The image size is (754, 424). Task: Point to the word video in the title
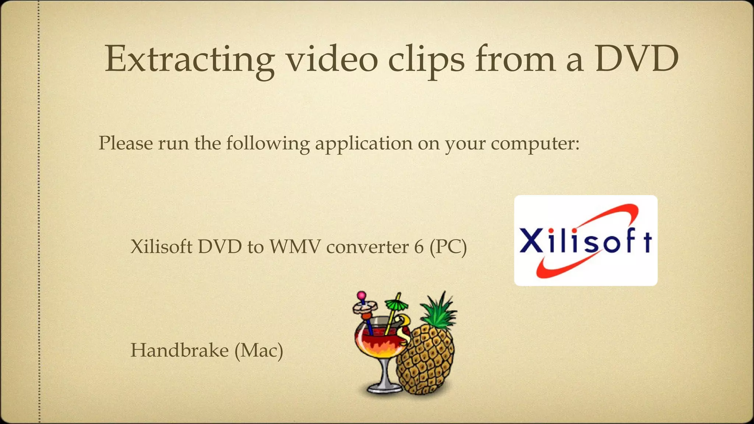[332, 60]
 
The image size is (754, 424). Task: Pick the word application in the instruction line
[363, 144]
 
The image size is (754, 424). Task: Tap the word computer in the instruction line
[535, 144]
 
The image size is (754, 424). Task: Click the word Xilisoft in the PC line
[162, 247]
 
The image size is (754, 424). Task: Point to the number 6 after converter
[419, 247]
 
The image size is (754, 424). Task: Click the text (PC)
[448, 247]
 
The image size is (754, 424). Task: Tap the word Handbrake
[180, 350]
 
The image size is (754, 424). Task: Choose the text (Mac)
[259, 350]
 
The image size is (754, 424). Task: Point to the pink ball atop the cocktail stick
[362, 295]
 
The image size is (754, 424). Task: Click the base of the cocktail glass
[383, 388]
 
